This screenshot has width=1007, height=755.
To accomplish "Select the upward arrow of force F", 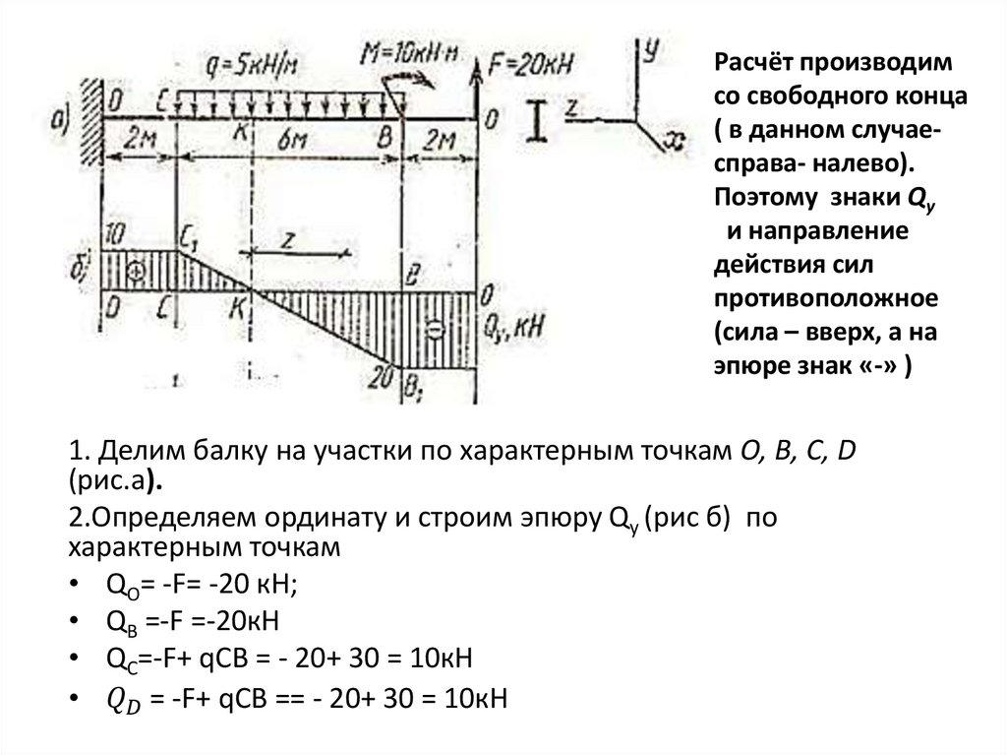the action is click(x=478, y=79).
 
